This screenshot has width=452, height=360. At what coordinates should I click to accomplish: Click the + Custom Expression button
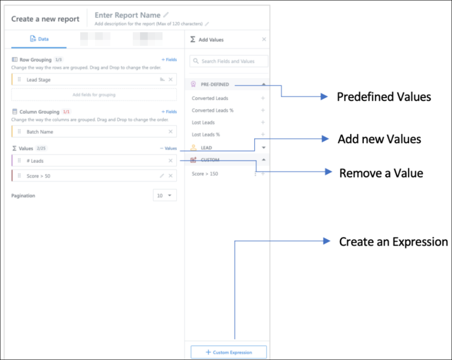229,352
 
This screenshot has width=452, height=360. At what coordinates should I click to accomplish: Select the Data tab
39,39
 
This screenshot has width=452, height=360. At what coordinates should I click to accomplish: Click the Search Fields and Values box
229,61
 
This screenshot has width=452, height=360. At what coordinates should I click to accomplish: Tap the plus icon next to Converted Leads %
263,110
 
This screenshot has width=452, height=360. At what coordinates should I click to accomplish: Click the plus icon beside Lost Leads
263,122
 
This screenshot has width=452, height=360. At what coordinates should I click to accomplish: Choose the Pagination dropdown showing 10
165,195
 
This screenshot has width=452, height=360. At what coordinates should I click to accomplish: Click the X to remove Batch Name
171,131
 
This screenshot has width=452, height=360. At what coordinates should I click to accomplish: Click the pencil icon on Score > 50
162,176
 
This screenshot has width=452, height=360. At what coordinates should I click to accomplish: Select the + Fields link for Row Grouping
169,60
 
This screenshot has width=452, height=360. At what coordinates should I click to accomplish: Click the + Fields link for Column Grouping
169,112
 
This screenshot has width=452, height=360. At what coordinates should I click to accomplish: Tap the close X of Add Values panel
264,39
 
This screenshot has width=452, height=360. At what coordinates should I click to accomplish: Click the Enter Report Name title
128,15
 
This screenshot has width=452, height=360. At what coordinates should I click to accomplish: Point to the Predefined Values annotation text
384,97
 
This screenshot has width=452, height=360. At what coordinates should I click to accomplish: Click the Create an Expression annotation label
393,242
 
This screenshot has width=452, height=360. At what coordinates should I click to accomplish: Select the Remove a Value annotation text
381,173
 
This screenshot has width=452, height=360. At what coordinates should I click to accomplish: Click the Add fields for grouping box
94,94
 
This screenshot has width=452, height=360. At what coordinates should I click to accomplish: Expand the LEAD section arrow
264,148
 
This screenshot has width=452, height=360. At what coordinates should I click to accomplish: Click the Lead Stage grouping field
39,80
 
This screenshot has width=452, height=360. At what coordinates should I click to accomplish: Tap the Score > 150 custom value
205,174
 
